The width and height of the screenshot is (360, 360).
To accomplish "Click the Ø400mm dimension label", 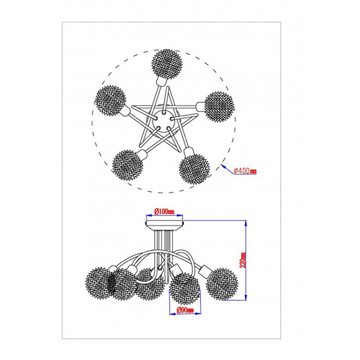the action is point(245,171).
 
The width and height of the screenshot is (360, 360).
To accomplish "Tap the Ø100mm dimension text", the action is point(164,211).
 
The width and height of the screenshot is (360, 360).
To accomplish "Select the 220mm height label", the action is point(243,260).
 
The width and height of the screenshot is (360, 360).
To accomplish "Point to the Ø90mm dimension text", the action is point(185,310).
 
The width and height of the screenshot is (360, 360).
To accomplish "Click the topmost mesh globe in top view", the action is point(167,64).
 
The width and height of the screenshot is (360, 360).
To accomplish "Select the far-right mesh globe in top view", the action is point(219,107).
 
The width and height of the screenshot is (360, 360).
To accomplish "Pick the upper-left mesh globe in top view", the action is point(110,101).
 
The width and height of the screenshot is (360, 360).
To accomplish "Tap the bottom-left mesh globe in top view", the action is point(127,165).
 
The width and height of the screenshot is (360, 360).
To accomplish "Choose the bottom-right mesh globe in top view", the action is point(194,169).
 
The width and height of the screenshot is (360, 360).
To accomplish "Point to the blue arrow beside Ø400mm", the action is point(227,169).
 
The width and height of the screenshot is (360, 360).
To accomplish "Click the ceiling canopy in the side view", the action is point(164,225).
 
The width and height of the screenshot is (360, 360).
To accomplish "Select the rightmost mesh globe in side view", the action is point(222,284).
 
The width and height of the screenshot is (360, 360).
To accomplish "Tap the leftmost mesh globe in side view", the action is point(99,283).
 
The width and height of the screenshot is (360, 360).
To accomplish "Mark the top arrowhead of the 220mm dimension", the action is point(246,223).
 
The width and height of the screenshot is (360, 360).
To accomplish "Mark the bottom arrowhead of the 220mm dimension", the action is point(246,297).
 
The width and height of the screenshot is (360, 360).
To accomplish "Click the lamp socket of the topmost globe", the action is point(162,81).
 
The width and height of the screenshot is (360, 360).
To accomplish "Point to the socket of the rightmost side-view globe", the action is point(204,271).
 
